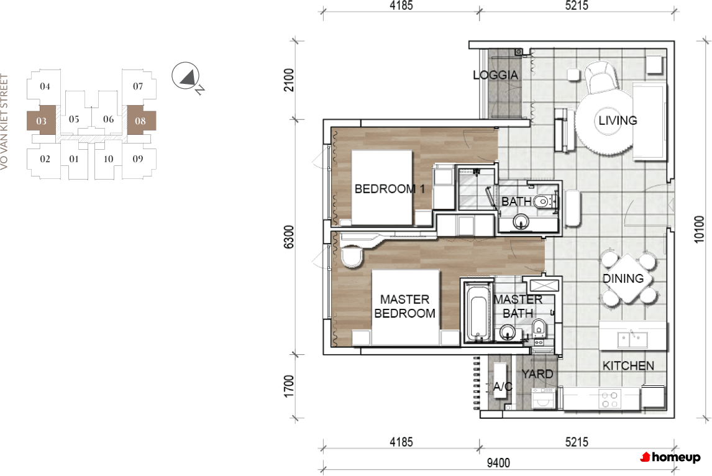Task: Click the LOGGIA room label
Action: [495, 75]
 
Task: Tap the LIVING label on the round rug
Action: [618, 121]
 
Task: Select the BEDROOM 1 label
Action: [390, 189]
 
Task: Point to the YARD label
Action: [537, 374]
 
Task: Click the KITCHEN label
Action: [628, 365]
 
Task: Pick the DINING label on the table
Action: [623, 278]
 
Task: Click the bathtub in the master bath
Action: [479, 312]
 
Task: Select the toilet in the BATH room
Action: [542, 201]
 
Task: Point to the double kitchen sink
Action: [632, 339]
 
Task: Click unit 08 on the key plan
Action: [141, 121]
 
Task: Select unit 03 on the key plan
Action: [42, 121]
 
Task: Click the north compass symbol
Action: [186, 76]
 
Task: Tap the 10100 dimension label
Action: [699, 229]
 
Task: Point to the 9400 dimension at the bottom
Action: [498, 463]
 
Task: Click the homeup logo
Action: [670, 457]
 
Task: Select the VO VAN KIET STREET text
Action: [4, 122]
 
